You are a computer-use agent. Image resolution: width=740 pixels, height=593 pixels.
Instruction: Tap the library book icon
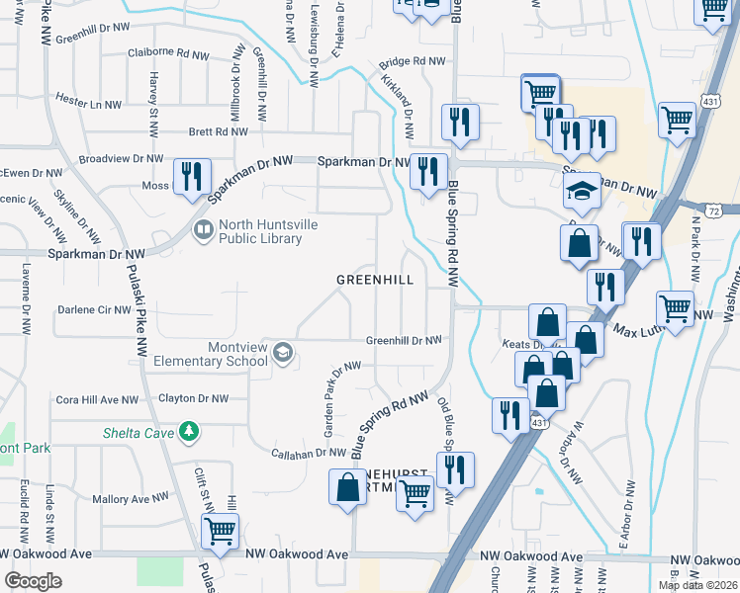click(203, 230)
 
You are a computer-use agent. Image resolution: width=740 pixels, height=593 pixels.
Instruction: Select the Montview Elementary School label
click(211, 354)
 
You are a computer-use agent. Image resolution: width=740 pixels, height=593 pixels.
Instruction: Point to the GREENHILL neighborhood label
click(374, 280)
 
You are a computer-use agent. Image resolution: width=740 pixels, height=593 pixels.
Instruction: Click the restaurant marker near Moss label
click(191, 178)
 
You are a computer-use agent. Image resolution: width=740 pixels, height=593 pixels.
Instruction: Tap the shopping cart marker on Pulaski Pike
click(219, 532)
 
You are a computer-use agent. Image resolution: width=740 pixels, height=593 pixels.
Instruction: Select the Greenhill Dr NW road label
click(404, 341)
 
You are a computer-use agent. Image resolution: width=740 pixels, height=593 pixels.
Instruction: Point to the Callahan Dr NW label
click(310, 454)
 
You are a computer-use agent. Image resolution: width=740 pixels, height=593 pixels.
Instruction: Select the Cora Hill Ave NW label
click(97, 400)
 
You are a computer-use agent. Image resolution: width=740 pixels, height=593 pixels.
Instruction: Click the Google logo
click(34, 581)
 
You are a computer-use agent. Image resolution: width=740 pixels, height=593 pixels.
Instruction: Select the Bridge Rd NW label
click(413, 61)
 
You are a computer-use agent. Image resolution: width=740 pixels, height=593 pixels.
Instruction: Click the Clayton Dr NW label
click(194, 399)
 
